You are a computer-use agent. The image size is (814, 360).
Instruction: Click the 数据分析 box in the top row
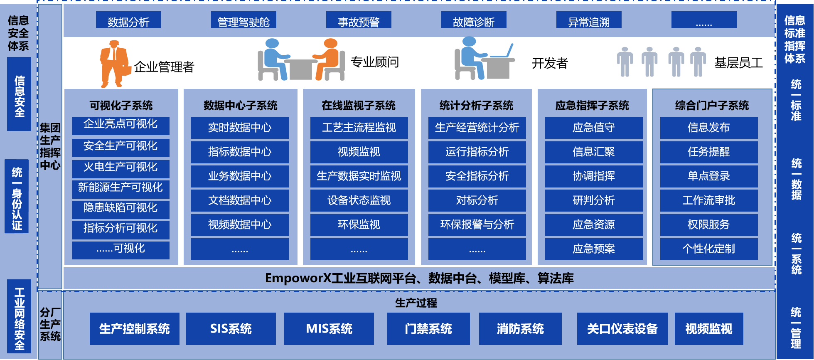click(x=128, y=21)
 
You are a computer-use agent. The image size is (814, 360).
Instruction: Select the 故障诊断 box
click(x=474, y=21)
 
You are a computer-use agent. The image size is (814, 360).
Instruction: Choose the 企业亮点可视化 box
click(x=121, y=125)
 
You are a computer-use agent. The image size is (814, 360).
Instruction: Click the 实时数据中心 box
click(x=240, y=128)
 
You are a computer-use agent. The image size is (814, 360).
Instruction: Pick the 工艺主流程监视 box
click(x=359, y=128)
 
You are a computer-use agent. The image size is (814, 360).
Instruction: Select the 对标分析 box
click(x=477, y=200)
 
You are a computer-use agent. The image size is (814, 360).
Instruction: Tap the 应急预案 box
click(x=594, y=249)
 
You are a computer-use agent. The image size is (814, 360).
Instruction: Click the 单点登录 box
click(x=709, y=176)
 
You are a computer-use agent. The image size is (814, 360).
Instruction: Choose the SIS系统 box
click(x=231, y=329)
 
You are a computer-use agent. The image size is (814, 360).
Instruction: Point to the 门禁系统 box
click(x=428, y=329)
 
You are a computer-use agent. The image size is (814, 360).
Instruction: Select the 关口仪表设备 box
click(x=622, y=329)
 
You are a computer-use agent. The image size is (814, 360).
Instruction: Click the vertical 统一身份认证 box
click(x=17, y=196)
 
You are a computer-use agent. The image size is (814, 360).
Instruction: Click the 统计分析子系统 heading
click(x=476, y=106)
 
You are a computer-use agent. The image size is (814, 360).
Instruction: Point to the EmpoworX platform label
click(x=419, y=278)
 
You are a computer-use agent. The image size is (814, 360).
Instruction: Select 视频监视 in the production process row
click(x=709, y=329)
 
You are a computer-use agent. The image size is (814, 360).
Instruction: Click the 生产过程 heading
click(x=416, y=303)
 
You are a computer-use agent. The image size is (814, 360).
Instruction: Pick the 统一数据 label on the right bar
click(x=796, y=179)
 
